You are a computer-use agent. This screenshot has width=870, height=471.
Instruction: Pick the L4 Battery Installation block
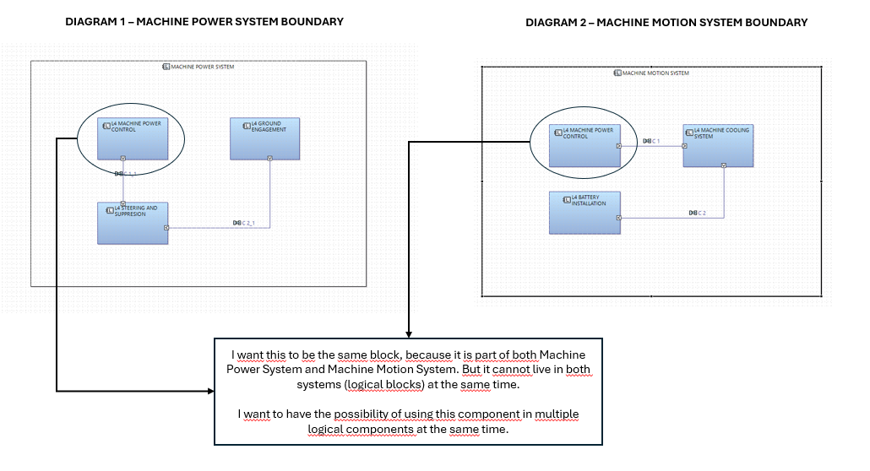click(x=584, y=212)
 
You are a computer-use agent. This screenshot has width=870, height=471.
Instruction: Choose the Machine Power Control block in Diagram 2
click(x=585, y=145)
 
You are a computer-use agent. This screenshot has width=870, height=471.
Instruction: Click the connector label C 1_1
click(x=125, y=173)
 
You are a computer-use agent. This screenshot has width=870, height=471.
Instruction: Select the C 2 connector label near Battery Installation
click(x=697, y=212)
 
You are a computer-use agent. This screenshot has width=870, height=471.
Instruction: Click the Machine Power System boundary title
click(x=198, y=66)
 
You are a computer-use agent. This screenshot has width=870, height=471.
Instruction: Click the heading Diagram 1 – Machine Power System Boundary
click(x=204, y=21)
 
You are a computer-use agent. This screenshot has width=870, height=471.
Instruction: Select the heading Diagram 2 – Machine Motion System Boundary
click(x=666, y=23)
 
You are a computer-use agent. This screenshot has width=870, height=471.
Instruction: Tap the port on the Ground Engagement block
click(x=269, y=158)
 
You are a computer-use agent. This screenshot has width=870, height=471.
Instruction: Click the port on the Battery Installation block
click(x=618, y=218)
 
